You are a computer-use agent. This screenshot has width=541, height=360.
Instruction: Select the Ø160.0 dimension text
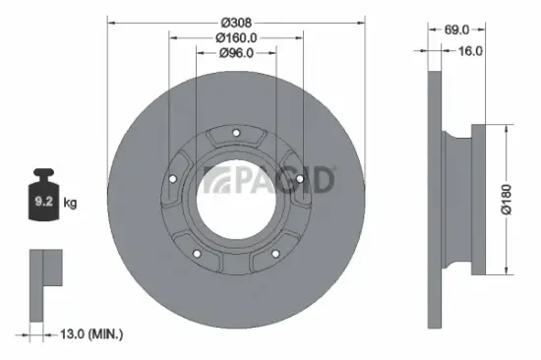click(236, 37)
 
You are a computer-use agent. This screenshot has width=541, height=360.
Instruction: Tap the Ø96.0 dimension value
click(236, 53)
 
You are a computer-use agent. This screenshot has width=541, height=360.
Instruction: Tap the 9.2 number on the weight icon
click(43, 205)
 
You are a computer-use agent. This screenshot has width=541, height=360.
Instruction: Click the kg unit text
click(70, 205)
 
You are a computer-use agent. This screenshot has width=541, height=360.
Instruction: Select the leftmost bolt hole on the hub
click(172, 179)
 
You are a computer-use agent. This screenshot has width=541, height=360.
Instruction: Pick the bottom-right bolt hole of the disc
click(274, 256)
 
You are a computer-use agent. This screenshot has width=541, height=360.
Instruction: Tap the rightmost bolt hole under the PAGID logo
click(299, 180)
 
